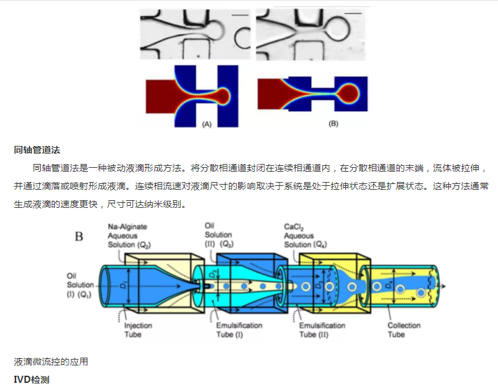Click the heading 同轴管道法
[37, 150]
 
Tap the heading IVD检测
[32, 380]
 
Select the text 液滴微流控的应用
[51, 362]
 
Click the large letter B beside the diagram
[79, 236]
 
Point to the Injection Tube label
[138, 330]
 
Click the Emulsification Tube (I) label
[239, 330]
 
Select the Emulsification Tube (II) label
[322, 330]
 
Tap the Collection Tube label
[404, 330]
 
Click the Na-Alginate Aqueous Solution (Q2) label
[129, 236]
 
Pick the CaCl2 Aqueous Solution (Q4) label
[305, 236]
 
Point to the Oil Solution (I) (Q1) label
[80, 285]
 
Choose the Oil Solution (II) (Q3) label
[219, 235]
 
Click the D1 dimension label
[123, 285]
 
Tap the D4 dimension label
[388, 285]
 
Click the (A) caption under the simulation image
[207, 124]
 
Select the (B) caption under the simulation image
[333, 123]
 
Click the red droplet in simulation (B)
[348, 94]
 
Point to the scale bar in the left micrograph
[241, 15]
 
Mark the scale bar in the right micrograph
[353, 14]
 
